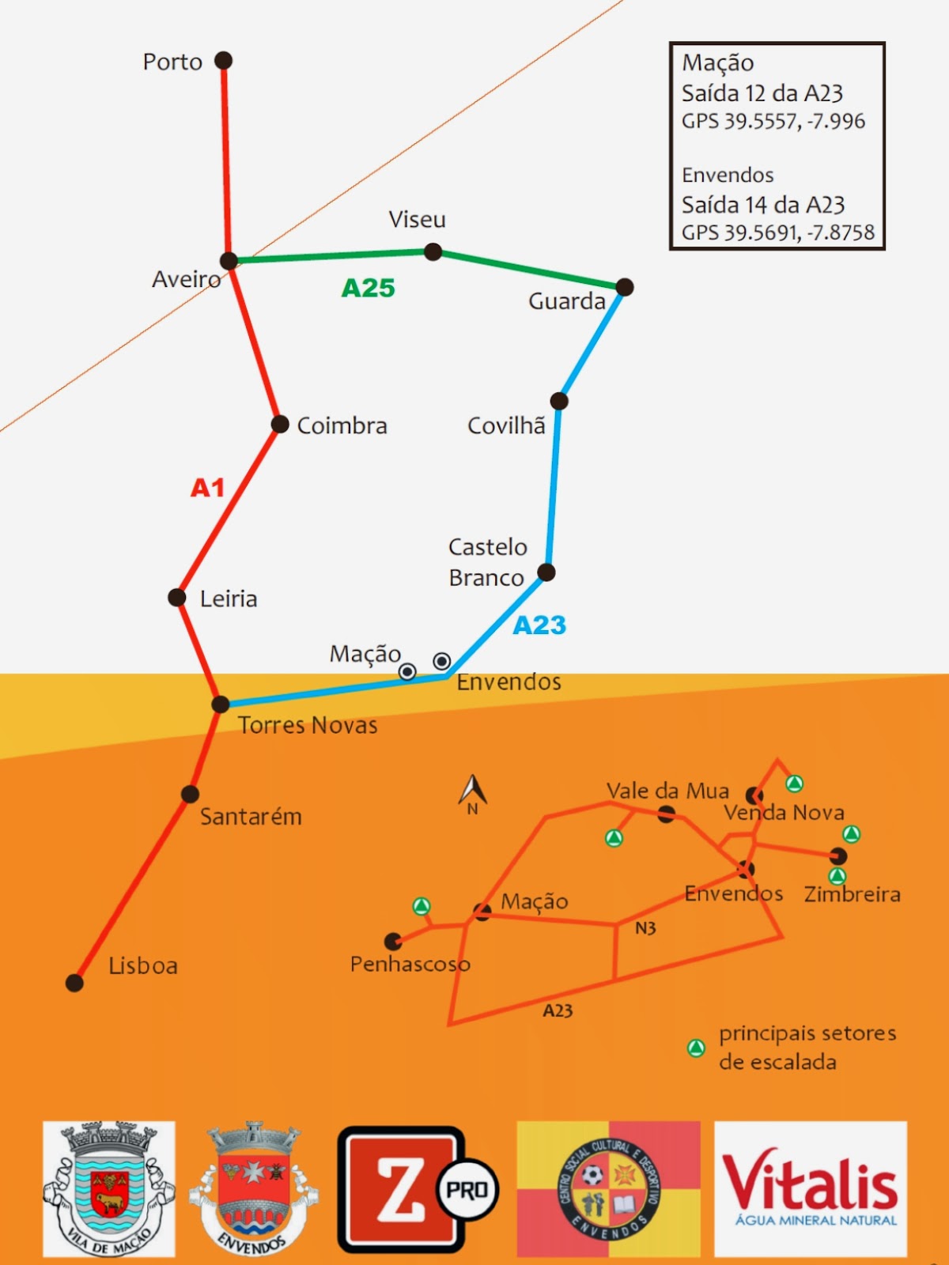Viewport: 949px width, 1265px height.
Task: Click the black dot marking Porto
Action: [x=224, y=60]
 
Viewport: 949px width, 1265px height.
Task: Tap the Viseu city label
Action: [x=417, y=219]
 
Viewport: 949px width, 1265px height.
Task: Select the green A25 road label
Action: [x=368, y=288]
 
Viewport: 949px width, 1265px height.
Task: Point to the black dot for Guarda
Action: [x=624, y=286]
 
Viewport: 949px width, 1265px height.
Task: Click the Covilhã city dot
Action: [x=559, y=401]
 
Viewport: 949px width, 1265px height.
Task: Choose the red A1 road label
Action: [x=207, y=488]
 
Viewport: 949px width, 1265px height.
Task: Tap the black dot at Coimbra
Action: [x=280, y=425]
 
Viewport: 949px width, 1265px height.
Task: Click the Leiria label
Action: [x=229, y=599]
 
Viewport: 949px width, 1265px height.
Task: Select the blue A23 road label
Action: [x=539, y=625]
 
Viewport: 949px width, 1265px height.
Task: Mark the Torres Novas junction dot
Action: [x=221, y=704]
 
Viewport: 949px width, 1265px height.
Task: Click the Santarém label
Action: [x=251, y=816]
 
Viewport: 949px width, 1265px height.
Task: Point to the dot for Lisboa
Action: [x=74, y=983]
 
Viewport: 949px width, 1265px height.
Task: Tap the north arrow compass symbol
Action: [x=472, y=792]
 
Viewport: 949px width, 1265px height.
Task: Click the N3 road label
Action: [x=645, y=928]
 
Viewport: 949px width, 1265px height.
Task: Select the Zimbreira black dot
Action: [x=838, y=855]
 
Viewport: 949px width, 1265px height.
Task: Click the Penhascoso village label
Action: [x=410, y=964]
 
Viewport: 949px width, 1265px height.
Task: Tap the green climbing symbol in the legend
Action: [x=696, y=1048]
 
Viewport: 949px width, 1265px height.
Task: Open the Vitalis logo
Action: [x=811, y=1188]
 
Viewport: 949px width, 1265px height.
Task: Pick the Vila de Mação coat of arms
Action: [x=109, y=1188]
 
